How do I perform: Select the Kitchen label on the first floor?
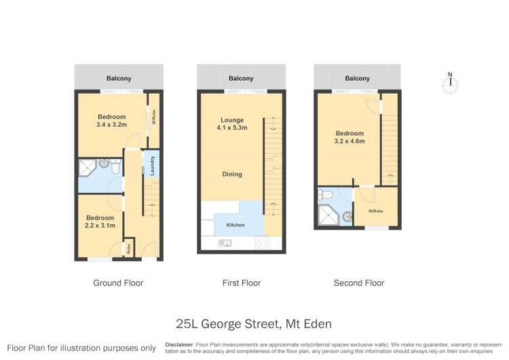235,225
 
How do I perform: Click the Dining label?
232,175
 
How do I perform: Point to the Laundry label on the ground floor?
153,166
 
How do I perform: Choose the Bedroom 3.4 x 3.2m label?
111,121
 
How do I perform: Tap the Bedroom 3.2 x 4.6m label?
351,138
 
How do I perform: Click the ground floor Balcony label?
119,78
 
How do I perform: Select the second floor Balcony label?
358,78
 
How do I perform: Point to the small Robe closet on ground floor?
128,249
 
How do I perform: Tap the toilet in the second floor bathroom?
326,196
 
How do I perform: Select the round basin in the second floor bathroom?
347,217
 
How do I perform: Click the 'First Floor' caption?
241,283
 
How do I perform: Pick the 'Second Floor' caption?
358,283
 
